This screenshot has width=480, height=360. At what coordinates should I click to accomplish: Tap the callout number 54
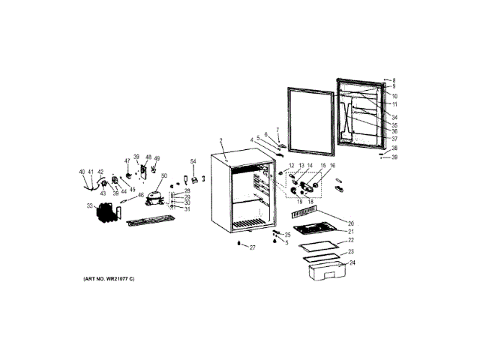pyautogui.click(x=193, y=162)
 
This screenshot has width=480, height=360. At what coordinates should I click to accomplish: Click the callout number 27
pyautogui.click(x=253, y=247)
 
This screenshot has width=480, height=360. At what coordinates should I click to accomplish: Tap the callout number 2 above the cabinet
pyautogui.click(x=221, y=141)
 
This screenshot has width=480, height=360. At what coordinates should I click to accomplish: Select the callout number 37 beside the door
pyautogui.click(x=394, y=139)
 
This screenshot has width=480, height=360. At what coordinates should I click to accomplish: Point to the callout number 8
pyautogui.click(x=394, y=80)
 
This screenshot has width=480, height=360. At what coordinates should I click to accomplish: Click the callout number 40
pyautogui.click(x=82, y=172)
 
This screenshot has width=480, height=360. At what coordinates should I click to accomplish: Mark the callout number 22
pyautogui.click(x=350, y=240)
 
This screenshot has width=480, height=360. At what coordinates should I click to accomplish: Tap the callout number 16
pyautogui.click(x=332, y=165)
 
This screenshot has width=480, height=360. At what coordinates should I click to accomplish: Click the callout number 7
pyautogui.click(x=277, y=130)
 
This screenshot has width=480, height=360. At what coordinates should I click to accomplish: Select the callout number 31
pyautogui.click(x=187, y=209)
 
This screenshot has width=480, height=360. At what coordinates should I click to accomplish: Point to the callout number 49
pyautogui.click(x=157, y=158)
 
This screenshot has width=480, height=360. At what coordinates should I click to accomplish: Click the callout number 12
pyautogui.click(x=292, y=165)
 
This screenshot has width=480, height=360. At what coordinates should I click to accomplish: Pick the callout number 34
pyautogui.click(x=394, y=117)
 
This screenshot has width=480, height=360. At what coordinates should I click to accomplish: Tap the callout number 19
pyautogui.click(x=298, y=202)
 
